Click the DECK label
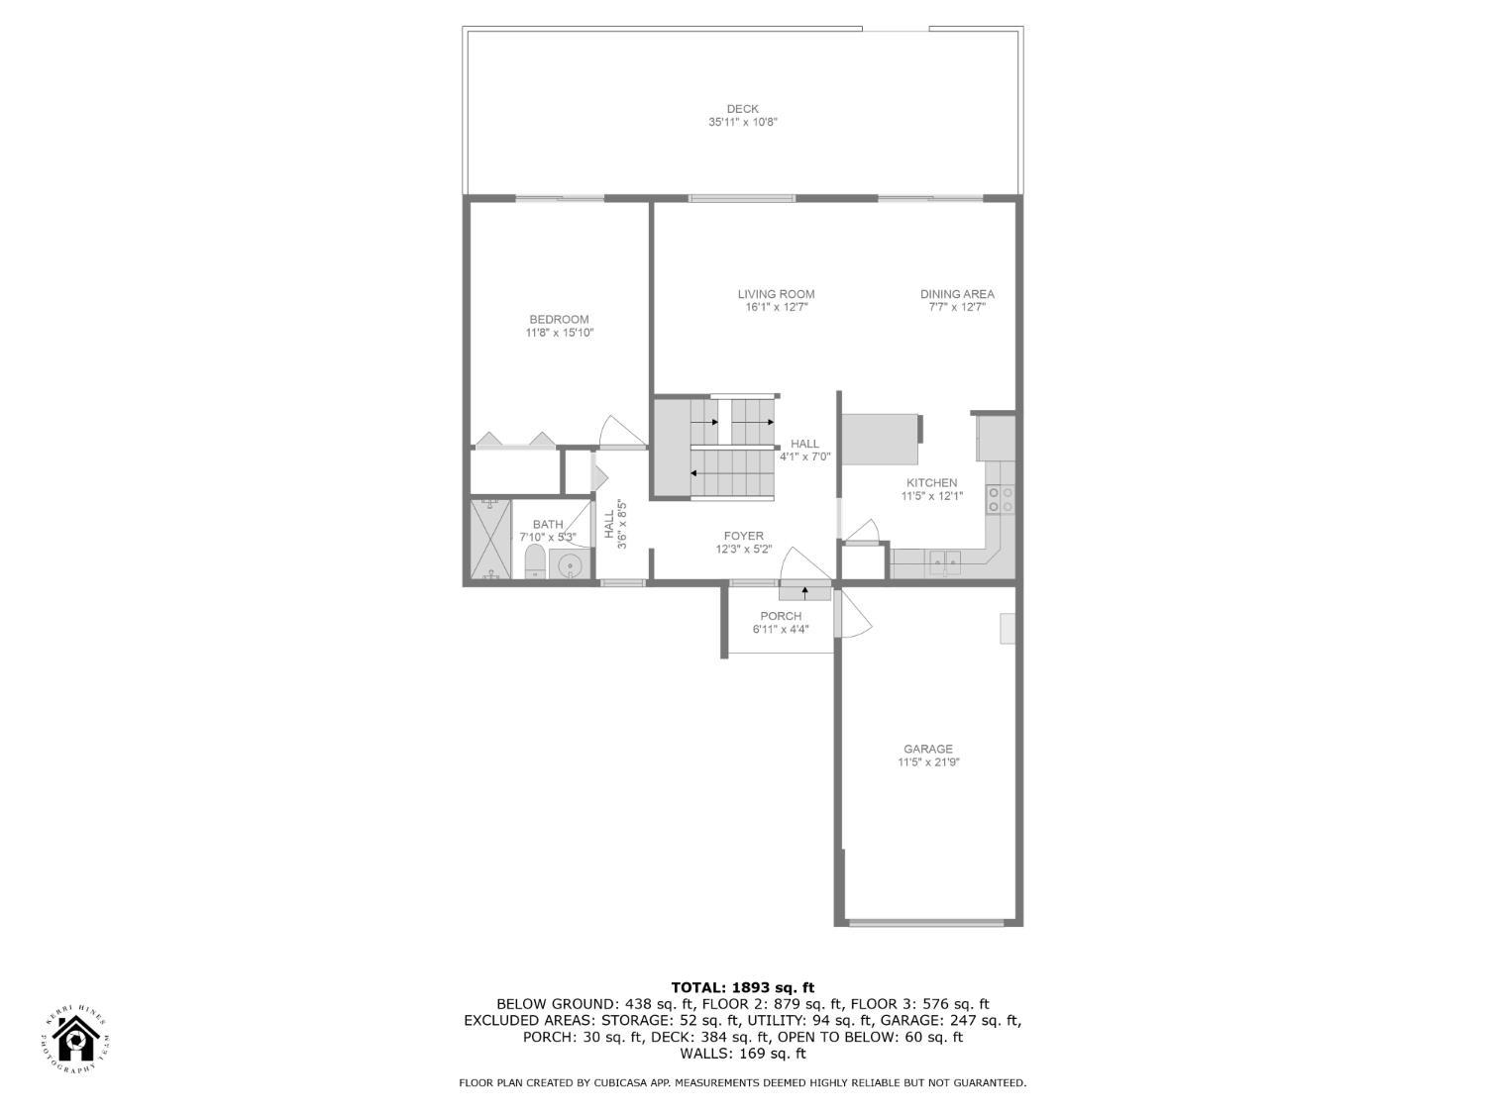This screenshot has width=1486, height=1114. [742, 109]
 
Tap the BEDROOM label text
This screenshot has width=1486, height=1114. [559, 319]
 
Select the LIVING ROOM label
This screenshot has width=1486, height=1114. [776, 294]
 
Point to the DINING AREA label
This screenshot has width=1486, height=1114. [957, 294]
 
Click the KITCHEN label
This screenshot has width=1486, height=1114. [931, 483]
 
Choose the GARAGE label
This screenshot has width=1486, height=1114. [927, 750]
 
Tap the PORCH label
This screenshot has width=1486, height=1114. [781, 616]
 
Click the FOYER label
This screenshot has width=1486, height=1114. [743, 537]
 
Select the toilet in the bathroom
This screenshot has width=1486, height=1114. [534, 561]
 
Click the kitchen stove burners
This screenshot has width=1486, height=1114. [1000, 499]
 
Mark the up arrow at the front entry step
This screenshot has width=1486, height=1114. [804, 592]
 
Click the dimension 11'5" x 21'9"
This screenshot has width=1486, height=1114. [928, 762]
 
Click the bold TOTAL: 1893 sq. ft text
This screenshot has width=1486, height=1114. [742, 987]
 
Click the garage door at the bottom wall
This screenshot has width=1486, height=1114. [927, 923]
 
